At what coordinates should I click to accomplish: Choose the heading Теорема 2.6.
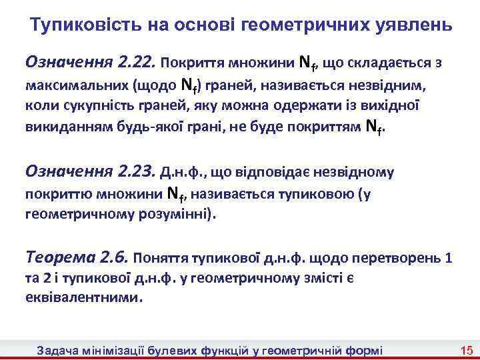[77, 257]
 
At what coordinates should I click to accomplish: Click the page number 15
[466, 350]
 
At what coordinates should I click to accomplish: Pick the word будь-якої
[144, 129]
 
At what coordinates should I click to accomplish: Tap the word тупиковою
[319, 195]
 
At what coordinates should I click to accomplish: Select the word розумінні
[184, 215]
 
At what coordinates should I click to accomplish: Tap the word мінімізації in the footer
[115, 350]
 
